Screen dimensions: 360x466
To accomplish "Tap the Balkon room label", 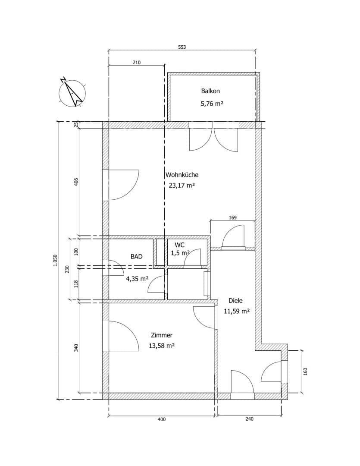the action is click(210, 91).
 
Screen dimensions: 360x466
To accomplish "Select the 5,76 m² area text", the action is click(212, 104).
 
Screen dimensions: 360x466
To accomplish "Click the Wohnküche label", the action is click(182, 175).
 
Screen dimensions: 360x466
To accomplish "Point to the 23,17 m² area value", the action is click(182, 186).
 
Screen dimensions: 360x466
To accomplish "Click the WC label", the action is click(180, 245).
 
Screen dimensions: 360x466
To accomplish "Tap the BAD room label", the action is click(137, 256).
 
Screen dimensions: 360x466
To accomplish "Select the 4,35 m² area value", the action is click(137, 279).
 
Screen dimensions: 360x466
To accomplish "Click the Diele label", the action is click(235, 300).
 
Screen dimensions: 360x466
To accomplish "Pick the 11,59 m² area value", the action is click(236, 311).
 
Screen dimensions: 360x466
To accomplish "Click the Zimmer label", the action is click(162, 335).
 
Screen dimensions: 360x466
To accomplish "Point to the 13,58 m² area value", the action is click(161, 346).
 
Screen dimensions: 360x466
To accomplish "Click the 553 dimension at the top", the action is click(182, 47).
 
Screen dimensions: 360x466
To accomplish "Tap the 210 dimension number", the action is click(136, 63).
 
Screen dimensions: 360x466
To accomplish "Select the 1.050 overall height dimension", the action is click(55, 260).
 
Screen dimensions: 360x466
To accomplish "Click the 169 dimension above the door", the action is click(233, 217).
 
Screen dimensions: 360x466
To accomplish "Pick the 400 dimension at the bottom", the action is click(162, 419).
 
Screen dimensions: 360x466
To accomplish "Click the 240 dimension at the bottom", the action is click(250, 419).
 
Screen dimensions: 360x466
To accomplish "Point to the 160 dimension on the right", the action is click(305, 372).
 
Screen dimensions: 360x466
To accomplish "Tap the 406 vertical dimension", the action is click(76, 182).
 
